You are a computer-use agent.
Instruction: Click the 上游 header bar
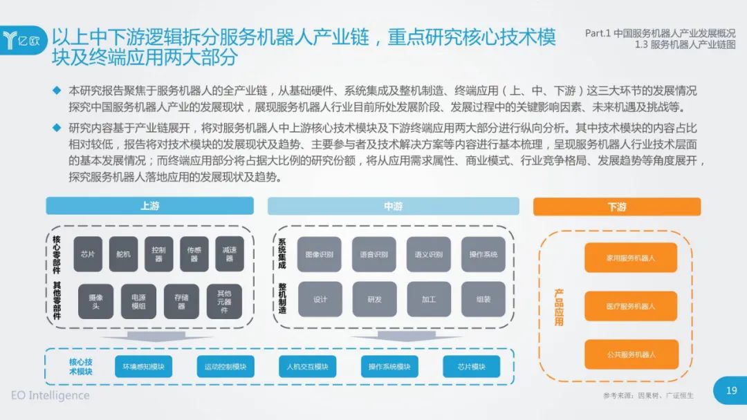click(x=149, y=206)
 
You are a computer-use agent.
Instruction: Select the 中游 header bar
click(x=393, y=206)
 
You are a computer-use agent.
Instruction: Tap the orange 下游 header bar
click(x=616, y=207)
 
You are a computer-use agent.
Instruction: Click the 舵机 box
click(x=123, y=254)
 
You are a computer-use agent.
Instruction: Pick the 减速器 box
click(x=230, y=254)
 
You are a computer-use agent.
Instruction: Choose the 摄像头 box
click(x=95, y=301)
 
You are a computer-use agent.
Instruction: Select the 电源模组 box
click(x=138, y=301)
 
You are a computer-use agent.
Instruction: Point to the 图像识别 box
click(x=320, y=254)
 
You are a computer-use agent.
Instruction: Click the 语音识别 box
click(x=373, y=254)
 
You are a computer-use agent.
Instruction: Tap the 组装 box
click(x=483, y=299)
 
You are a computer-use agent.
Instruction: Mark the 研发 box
click(x=373, y=299)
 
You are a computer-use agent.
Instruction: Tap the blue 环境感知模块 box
click(x=143, y=366)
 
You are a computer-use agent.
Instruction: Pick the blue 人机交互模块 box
click(x=308, y=366)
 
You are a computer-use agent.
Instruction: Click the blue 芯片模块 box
click(x=471, y=366)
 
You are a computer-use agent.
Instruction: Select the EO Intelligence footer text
click(x=50, y=396)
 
